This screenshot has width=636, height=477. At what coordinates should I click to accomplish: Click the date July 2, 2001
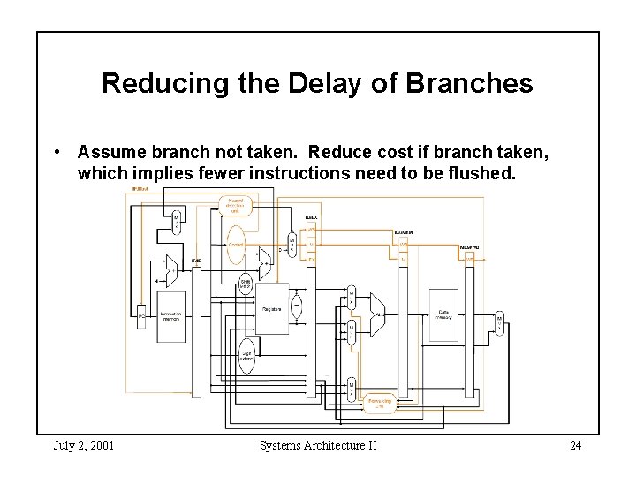(84, 445)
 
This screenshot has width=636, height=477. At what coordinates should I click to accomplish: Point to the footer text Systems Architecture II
(318, 445)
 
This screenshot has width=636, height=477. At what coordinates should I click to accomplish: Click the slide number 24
(575, 445)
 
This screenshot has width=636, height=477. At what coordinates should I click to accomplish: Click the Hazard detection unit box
(235, 206)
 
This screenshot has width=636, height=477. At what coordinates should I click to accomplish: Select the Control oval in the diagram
(236, 243)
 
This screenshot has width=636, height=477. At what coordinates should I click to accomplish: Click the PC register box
(141, 314)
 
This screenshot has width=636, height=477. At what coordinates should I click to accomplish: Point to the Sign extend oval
(246, 356)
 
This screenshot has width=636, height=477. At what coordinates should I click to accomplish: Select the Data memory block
(443, 315)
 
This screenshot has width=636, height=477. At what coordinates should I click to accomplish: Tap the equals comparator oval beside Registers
(297, 307)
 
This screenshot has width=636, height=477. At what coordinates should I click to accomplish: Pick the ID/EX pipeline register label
(312, 216)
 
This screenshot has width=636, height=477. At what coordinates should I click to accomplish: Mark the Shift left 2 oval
(246, 284)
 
